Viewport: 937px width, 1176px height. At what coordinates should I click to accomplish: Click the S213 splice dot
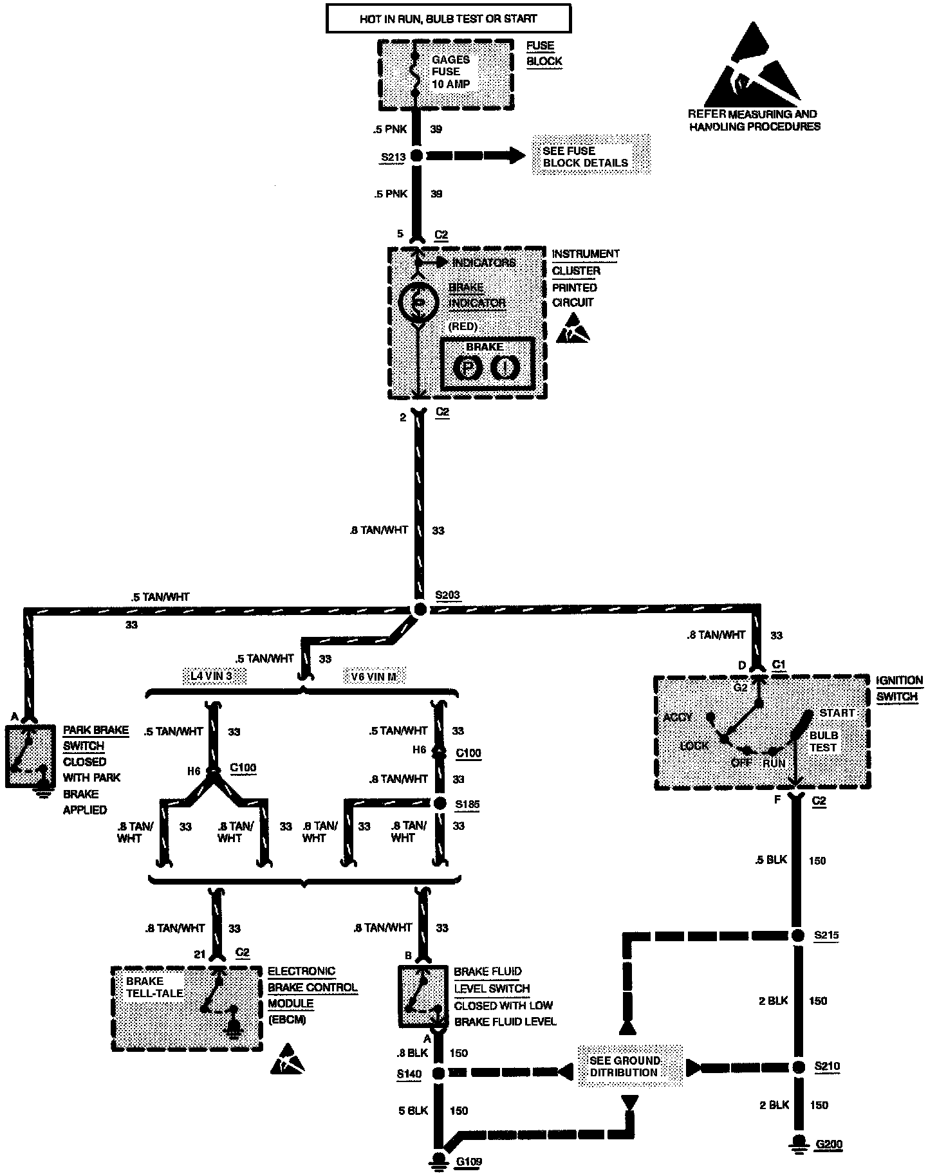pos(416,155)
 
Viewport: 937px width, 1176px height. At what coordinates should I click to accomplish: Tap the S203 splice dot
pos(419,609)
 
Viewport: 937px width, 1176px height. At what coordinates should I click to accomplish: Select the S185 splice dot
pos(440,804)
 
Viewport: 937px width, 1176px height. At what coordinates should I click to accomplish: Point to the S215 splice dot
pos(798,936)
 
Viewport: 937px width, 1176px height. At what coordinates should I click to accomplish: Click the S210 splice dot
pos(798,1067)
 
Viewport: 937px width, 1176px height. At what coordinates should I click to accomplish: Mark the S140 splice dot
pos(438,1073)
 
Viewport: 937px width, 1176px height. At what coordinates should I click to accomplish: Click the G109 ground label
pos(469,1162)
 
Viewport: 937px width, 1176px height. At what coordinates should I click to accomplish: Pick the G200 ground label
pos(829,1144)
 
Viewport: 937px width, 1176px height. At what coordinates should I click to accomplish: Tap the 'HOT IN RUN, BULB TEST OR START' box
pos(449,19)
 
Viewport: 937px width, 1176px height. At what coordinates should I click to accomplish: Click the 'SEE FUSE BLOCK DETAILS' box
pos(591,156)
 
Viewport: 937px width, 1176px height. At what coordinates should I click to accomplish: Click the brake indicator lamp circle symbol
pos(418,302)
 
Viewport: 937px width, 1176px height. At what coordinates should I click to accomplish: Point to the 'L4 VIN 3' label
pos(214,676)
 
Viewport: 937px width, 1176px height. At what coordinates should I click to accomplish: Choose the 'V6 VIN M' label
pos(374,676)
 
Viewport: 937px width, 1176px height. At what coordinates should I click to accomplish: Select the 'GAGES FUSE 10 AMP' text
pos(450,71)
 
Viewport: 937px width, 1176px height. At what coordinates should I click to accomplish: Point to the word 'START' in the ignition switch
pos(837,713)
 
